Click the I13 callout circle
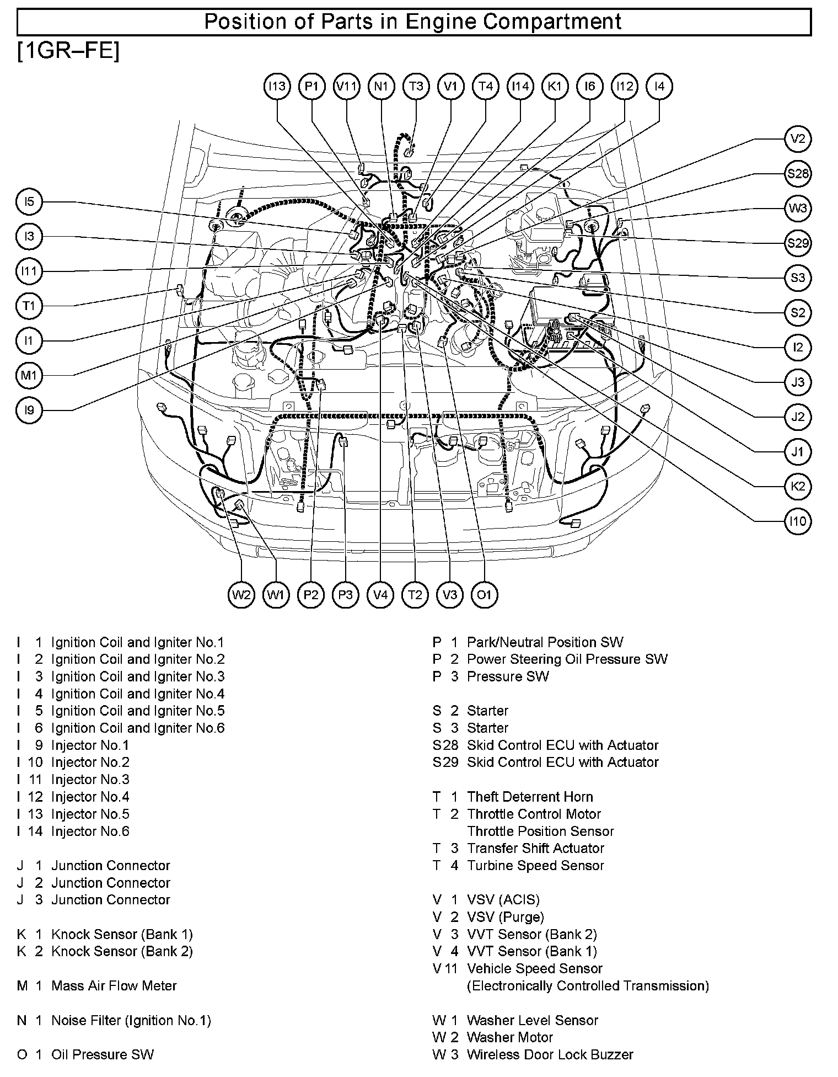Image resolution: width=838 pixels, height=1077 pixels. (277, 87)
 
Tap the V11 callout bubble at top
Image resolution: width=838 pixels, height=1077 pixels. (347, 87)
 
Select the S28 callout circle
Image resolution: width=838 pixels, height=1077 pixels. (797, 174)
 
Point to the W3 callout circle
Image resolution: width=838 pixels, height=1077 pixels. (797, 209)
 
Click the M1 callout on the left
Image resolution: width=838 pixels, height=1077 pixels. (29, 376)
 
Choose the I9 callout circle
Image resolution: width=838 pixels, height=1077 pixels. (29, 410)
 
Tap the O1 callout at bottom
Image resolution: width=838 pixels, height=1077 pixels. (484, 594)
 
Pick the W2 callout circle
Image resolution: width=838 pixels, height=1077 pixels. (241, 594)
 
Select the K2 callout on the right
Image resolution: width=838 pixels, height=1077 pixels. (797, 486)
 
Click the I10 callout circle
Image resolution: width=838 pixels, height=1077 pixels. (797, 521)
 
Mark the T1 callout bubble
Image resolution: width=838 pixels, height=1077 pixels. (29, 306)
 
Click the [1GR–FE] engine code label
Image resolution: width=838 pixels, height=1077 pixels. (68, 51)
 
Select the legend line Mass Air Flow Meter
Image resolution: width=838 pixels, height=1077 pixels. (114, 986)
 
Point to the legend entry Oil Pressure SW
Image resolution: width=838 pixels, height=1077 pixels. (102, 1054)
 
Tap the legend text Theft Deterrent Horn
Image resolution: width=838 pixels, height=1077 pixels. (529, 797)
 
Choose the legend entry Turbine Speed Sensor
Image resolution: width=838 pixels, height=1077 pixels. (535, 866)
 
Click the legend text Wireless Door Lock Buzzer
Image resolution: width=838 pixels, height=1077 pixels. (550, 1054)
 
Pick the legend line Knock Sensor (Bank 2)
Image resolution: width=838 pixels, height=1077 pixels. (122, 951)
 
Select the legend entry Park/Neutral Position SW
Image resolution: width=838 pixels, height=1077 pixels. (545, 642)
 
